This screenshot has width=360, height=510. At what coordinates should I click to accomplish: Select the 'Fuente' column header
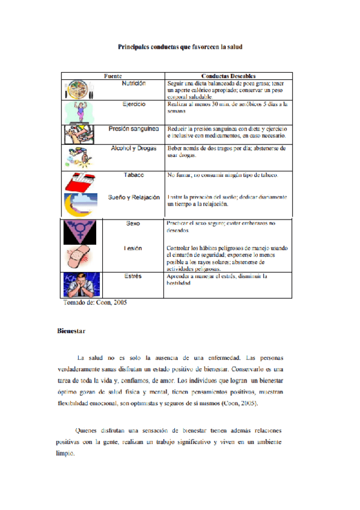click(113, 76)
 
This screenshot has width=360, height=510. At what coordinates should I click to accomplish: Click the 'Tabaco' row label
click(133, 175)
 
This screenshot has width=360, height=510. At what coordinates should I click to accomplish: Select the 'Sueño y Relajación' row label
click(133, 197)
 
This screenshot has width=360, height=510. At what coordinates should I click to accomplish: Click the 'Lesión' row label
click(133, 248)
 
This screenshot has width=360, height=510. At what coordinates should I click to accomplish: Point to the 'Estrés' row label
click(133, 277)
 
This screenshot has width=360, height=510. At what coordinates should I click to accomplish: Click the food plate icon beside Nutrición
click(78, 90)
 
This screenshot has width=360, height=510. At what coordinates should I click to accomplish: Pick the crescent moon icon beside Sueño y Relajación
click(81, 204)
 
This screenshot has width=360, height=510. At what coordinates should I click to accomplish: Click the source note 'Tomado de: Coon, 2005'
click(94, 303)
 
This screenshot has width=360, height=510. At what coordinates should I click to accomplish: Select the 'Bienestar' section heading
click(72, 331)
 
